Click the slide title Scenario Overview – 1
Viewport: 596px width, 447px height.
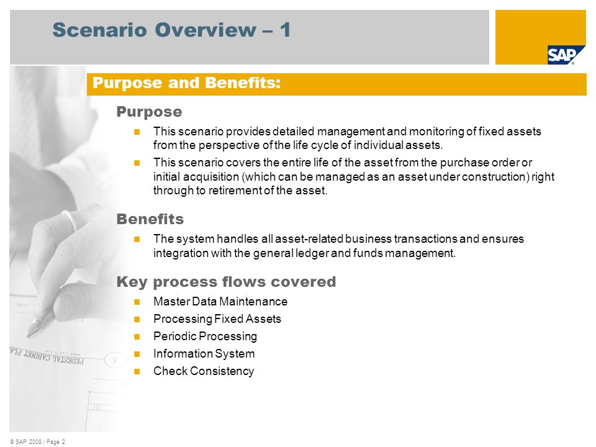point(172,30)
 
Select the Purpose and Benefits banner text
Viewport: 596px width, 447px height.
point(187,83)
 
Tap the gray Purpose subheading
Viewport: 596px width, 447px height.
point(149,112)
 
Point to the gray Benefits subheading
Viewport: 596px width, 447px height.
point(150,219)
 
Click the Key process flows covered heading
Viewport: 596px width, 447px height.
point(226,282)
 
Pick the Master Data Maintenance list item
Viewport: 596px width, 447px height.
point(220,302)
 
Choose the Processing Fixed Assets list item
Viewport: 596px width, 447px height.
point(217,319)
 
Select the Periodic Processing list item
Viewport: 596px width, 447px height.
point(205,336)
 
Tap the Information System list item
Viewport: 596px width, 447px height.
point(204,354)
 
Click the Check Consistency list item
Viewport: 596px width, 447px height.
point(204,371)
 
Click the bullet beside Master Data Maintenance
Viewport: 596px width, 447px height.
point(137,302)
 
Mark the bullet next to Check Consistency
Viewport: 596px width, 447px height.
point(137,372)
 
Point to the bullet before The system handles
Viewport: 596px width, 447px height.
point(137,240)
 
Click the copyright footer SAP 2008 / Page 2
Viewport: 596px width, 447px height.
point(38,441)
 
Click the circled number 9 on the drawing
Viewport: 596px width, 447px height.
point(114,359)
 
